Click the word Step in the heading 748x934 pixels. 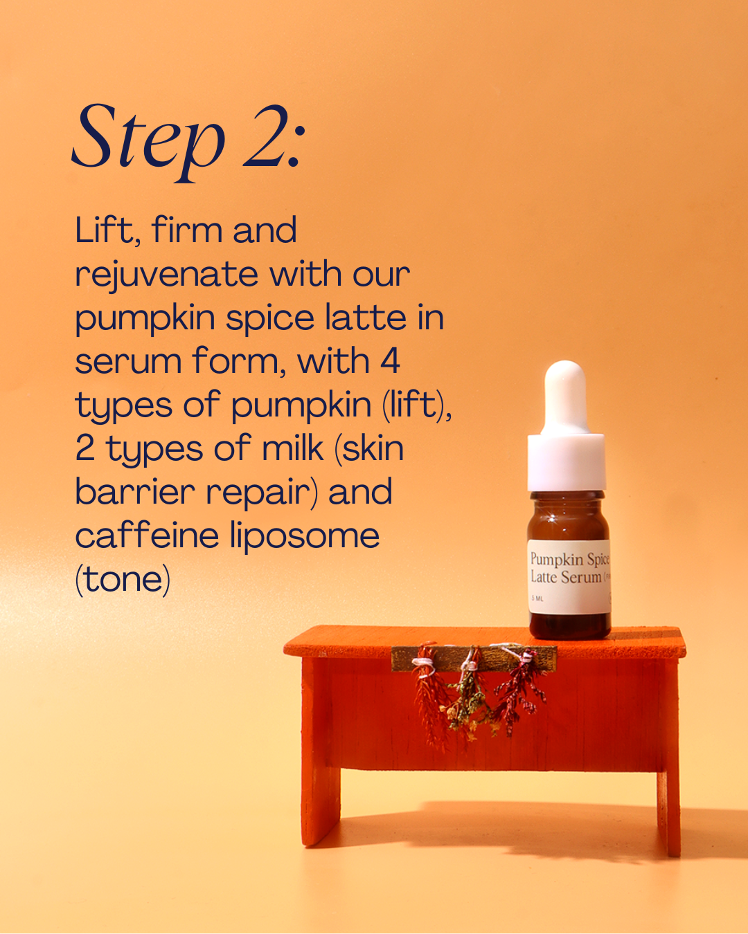coord(148,142)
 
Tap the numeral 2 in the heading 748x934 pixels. coord(265,136)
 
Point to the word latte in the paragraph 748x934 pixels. coord(366,318)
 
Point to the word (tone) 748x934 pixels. coord(123,580)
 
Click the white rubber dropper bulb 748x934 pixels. coord(565,398)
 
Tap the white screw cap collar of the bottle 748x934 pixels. coord(567,462)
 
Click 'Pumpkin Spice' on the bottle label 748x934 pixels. coord(569,558)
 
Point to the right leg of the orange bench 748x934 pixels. coord(668,764)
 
